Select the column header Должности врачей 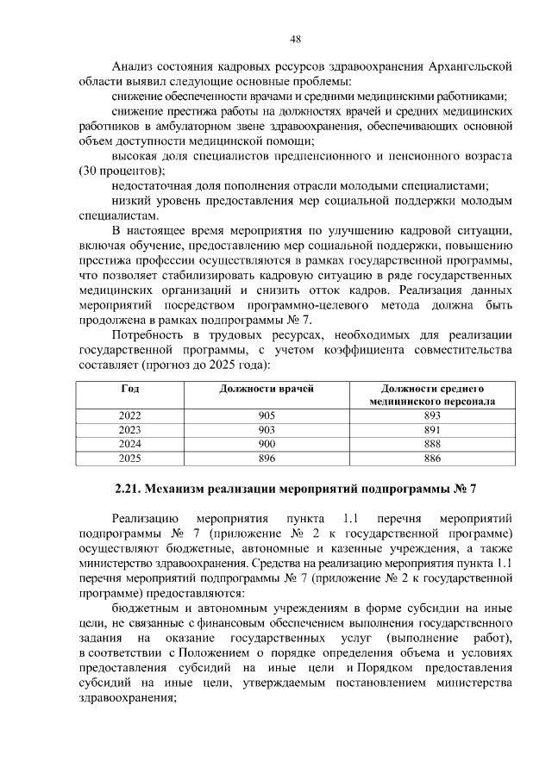point(267,389)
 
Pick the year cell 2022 point(129,415)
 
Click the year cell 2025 point(129,458)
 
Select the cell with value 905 point(267,415)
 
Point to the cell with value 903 point(267,429)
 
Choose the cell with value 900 point(267,444)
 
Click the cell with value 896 point(267,458)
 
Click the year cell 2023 point(129,429)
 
